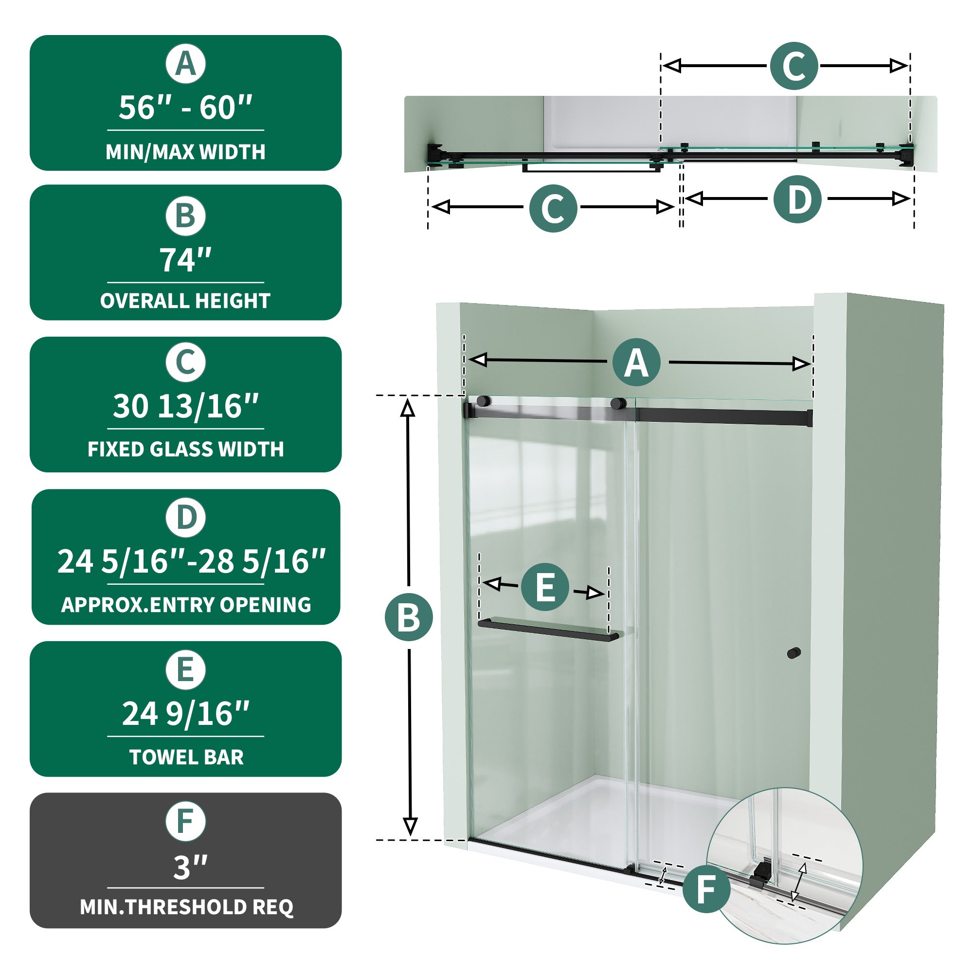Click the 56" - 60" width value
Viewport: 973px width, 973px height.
(x=185, y=108)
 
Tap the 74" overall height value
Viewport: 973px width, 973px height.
(x=185, y=260)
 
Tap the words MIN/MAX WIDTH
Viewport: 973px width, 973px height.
(x=185, y=152)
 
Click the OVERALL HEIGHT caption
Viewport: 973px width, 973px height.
(x=185, y=301)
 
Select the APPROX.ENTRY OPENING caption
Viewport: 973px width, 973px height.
(x=186, y=605)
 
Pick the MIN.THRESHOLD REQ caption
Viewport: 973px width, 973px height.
(x=186, y=907)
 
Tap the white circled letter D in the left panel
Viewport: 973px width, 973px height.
(x=186, y=518)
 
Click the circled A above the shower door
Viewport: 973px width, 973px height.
(x=636, y=362)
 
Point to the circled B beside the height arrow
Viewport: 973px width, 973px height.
(x=409, y=617)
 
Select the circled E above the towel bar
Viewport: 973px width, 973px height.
(x=545, y=587)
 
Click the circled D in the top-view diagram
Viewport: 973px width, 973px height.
(x=798, y=199)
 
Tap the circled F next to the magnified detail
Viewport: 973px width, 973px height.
(x=706, y=889)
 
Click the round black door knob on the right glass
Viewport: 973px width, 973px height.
(x=793, y=653)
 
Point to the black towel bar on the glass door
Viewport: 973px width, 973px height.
(x=548, y=630)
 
